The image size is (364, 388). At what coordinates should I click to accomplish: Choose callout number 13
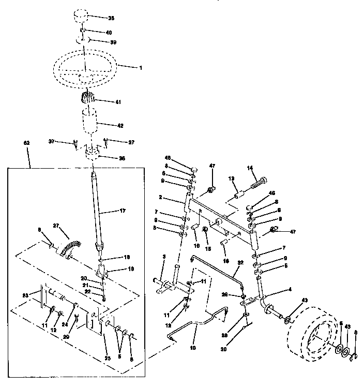(232, 178)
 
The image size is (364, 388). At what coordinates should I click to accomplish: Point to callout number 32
(239, 263)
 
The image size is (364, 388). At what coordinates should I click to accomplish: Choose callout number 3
(163, 257)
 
